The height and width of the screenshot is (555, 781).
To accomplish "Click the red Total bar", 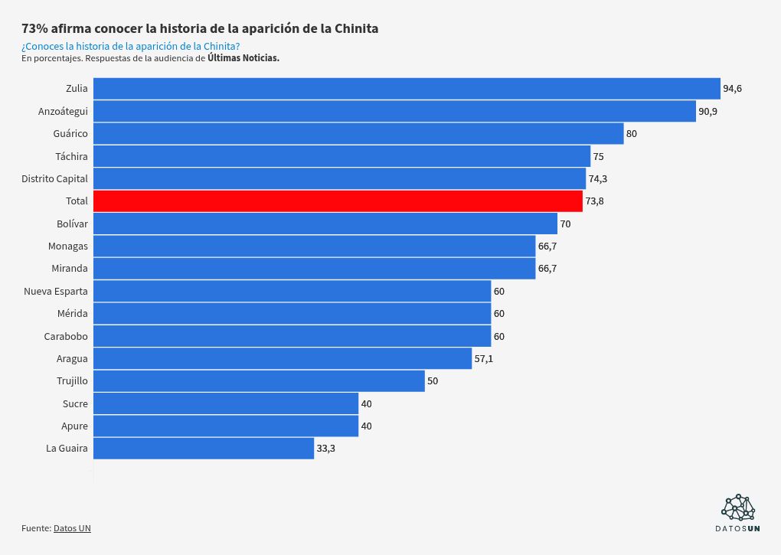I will click(338, 201).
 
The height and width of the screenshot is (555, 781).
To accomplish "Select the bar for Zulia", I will click(407, 89).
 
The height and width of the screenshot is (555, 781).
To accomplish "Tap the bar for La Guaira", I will click(204, 449).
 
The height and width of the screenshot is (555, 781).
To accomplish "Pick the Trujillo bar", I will click(259, 381).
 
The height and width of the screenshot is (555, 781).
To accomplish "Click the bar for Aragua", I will click(283, 358).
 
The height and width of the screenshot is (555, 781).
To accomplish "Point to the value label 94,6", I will click(733, 89).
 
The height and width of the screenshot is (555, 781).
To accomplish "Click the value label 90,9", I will click(707, 112).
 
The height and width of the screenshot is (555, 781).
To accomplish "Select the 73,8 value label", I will click(595, 201).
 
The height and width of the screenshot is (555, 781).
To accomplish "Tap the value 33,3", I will click(325, 449).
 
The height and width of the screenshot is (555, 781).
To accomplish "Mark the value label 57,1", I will click(483, 358).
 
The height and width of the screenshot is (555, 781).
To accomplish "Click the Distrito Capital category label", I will click(54, 178).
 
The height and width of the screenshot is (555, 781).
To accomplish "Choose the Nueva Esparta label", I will click(56, 291).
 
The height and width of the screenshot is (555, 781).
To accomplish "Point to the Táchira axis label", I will click(71, 156).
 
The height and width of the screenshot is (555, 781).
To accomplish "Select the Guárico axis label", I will click(70, 133).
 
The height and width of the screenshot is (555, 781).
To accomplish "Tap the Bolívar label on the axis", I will click(72, 224).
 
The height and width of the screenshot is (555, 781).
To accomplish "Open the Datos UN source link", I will click(72, 528).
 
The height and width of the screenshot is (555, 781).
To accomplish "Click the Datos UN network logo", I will click(738, 507).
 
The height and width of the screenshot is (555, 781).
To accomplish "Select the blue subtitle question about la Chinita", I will click(130, 46).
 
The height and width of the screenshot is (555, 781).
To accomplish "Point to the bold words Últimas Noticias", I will click(243, 58).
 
